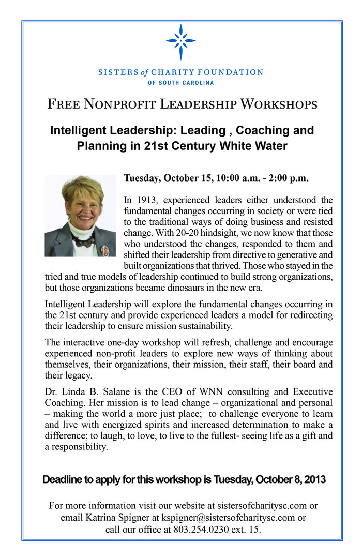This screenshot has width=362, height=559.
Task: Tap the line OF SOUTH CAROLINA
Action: coord(180,83)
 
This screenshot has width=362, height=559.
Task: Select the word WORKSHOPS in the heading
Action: coord(279,105)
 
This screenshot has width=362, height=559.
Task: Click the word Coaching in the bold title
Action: coord(253,130)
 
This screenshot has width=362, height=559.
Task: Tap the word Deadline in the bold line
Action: coord(63,479)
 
